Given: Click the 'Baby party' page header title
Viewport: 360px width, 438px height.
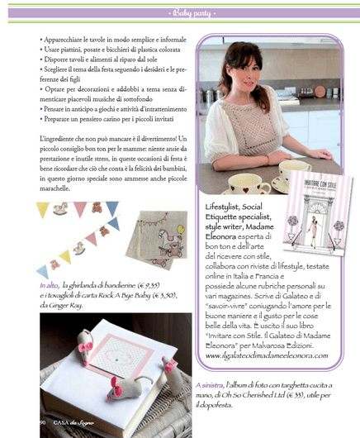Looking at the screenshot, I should tap(180, 12).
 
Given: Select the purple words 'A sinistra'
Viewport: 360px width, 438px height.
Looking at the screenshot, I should tap(211, 385).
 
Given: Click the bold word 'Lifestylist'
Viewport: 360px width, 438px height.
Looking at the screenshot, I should tap(225, 204).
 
